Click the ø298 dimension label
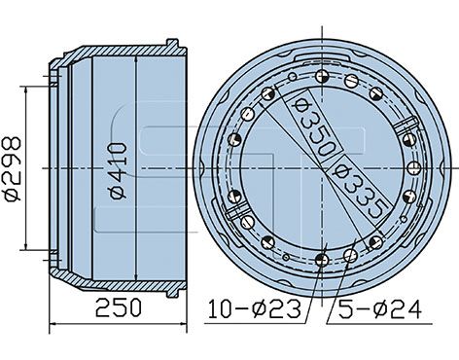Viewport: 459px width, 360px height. (12, 168)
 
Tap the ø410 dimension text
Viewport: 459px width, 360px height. (118, 171)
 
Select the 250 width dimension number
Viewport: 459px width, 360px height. (119, 307)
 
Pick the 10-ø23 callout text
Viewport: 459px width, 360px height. (255, 308)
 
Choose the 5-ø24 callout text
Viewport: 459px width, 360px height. (380, 309)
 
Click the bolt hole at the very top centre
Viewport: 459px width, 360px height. (322, 77)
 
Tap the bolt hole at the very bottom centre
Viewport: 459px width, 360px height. (322, 260)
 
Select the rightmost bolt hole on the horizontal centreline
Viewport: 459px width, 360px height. (414, 168)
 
